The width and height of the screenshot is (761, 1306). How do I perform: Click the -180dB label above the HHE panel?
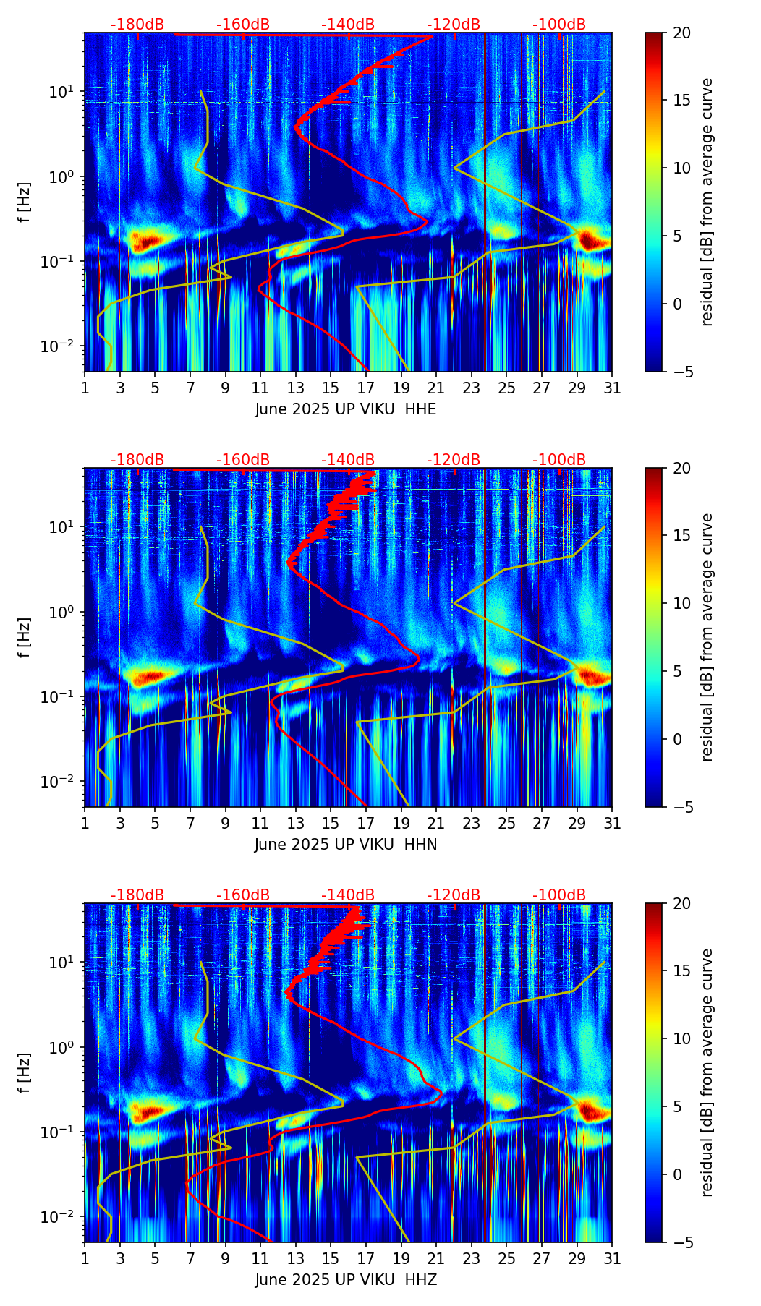137,25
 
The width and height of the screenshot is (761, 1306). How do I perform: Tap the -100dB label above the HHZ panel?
559,895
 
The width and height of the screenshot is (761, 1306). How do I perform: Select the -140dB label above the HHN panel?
348,460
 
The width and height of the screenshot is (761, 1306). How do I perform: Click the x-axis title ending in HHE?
346,409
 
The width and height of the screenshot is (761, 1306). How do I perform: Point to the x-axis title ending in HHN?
346,845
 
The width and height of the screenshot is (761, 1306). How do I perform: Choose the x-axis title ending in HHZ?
346,1280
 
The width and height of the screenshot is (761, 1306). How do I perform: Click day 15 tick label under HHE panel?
331,388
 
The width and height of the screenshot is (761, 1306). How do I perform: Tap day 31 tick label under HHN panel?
612,824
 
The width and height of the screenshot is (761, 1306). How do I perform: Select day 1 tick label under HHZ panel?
85,1259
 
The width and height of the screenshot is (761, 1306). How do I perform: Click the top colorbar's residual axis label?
707,202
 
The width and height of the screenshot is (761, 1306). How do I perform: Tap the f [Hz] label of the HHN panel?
25,637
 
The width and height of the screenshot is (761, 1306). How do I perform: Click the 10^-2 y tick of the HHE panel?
60,346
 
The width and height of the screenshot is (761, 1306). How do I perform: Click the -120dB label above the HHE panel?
454,25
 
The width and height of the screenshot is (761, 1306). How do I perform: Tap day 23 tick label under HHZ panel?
472,1259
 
